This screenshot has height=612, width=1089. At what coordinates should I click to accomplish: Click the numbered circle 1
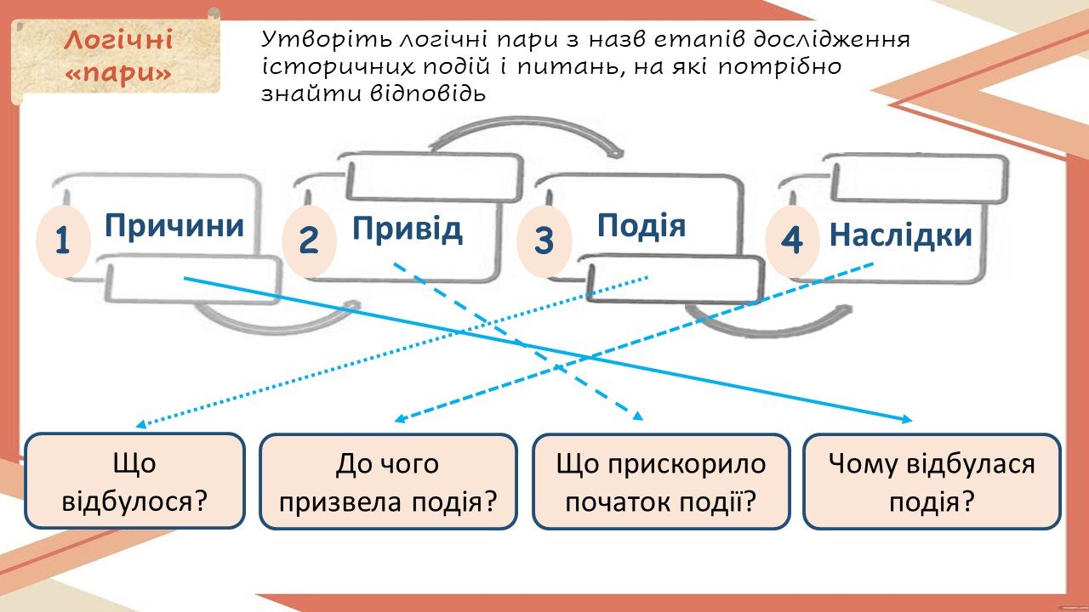coord(63,241)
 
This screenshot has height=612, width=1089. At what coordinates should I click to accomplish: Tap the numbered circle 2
coord(309,241)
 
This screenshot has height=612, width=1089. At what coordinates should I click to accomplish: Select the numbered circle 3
coord(544,241)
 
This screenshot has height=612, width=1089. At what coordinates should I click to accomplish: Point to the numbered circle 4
coord(792,241)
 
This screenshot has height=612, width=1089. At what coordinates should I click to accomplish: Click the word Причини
coord(174,226)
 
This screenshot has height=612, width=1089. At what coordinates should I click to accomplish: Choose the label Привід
coord(408,229)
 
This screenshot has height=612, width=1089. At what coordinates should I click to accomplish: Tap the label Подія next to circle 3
coord(641,225)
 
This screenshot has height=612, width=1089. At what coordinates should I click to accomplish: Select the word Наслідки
coord(900,235)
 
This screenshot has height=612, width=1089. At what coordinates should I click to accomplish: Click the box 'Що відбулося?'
coord(134,481)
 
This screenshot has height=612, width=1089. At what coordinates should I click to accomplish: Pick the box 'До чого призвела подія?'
coord(388,481)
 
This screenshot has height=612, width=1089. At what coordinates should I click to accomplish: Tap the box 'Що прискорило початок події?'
coord(661,481)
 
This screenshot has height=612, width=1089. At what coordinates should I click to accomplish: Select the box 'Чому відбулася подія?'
coord(932,481)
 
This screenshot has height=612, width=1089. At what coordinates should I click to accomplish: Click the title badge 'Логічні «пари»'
coord(117,57)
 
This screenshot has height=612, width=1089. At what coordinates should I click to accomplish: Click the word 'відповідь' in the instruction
coord(428,94)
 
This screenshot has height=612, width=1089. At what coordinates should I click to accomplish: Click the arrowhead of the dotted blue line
coord(140,424)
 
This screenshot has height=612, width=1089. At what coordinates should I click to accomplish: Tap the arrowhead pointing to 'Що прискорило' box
coord(638,416)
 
